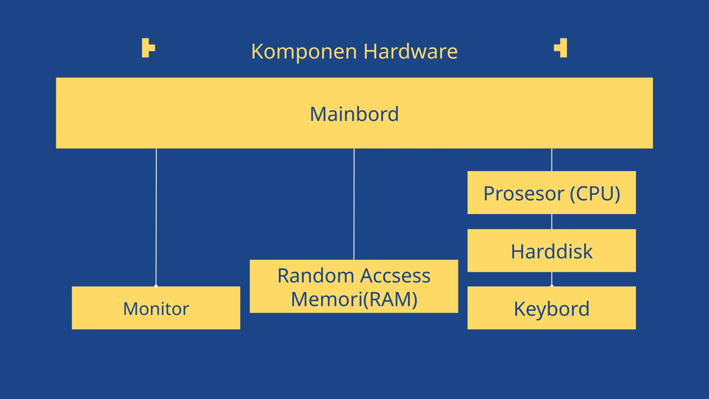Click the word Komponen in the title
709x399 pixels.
click(x=304, y=52)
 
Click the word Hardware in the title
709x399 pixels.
click(x=410, y=52)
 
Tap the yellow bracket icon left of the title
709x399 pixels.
click(x=148, y=48)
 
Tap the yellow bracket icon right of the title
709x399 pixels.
click(x=561, y=48)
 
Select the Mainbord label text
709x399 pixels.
click(x=354, y=114)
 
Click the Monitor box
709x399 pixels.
click(x=156, y=308)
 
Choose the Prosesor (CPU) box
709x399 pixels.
click(x=551, y=193)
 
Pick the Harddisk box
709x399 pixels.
click(x=551, y=251)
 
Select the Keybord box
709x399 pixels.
click(x=551, y=308)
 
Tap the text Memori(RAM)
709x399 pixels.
click(x=354, y=299)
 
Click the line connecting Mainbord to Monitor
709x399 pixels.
click(x=156, y=215)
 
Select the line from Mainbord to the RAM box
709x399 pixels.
click(x=354, y=204)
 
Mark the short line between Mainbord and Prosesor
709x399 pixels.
click(x=551, y=160)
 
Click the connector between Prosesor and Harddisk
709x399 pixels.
click(x=551, y=221)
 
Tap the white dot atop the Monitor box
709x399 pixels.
click(x=156, y=286)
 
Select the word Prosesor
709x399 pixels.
click(x=523, y=194)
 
